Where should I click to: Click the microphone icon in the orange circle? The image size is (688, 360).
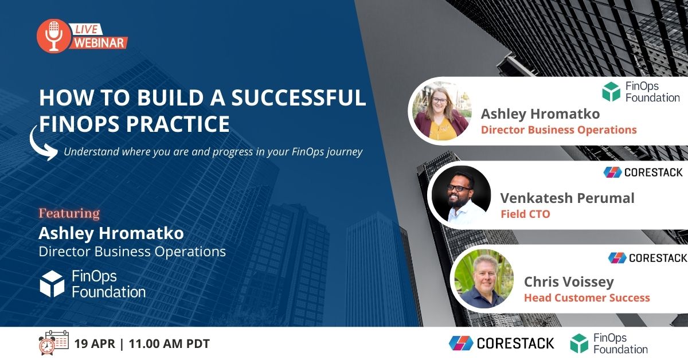(x=53, y=36)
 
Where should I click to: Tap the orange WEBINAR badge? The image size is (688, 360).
(x=99, y=42)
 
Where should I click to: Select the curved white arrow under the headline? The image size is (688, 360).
(x=42, y=144)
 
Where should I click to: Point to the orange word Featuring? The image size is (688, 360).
(x=69, y=214)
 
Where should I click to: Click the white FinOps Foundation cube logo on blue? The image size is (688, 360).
(x=52, y=284)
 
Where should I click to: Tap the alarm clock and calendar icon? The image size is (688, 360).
(x=53, y=343)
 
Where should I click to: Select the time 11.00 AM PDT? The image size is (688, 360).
(x=169, y=344)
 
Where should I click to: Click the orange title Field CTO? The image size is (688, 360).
(x=525, y=214)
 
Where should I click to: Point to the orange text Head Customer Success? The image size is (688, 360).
(x=587, y=298)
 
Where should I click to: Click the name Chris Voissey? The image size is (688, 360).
(x=569, y=281)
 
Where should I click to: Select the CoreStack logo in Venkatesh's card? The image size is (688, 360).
(x=643, y=172)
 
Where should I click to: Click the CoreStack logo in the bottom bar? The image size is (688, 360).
(x=502, y=343)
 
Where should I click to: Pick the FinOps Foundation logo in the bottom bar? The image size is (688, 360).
(x=608, y=343)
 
